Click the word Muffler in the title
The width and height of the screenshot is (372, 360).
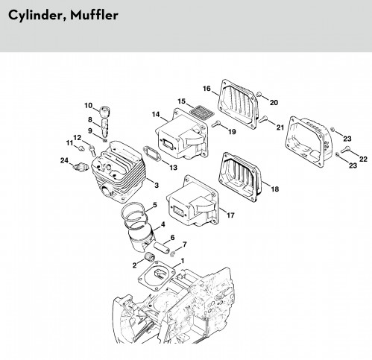tap(94, 16)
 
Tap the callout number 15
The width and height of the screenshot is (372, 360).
tap(182, 101)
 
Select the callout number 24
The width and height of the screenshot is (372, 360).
tap(64, 160)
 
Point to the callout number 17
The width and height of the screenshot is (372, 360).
tap(230, 215)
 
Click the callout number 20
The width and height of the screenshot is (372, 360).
tap(274, 103)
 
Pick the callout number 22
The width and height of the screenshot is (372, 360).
tap(363, 160)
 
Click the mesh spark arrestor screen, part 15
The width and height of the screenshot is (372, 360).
tap(202, 112)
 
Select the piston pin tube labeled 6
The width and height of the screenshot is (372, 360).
tap(161, 247)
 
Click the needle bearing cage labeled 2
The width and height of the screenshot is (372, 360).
tap(148, 256)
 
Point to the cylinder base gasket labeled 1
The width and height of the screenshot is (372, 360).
tap(157, 275)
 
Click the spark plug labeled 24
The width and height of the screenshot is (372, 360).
tap(81, 167)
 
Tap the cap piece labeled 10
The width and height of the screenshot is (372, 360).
tap(104, 111)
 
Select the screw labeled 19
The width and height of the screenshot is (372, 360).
tap(216, 124)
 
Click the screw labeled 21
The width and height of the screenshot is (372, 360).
tap(263, 119)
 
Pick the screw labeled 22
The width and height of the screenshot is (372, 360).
tap(345, 150)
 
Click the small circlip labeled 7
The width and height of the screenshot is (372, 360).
tap(173, 254)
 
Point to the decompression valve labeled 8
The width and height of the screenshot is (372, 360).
tap(105, 127)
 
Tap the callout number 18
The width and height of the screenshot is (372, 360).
tap(274, 189)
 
